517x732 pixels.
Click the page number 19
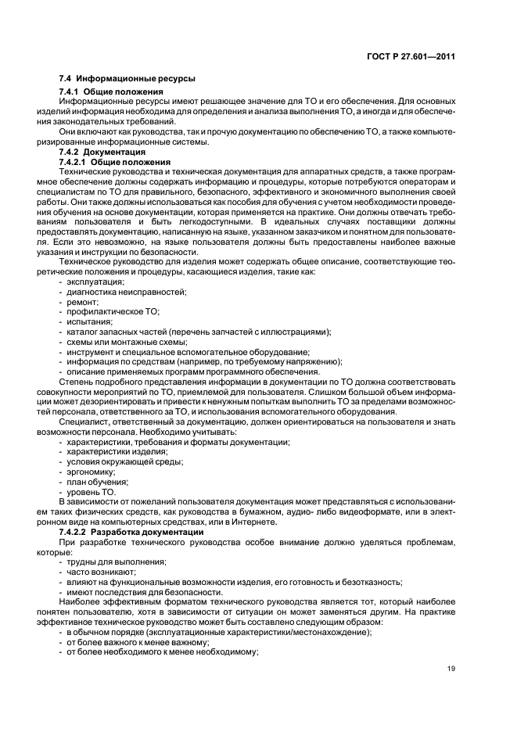(x=451, y=668)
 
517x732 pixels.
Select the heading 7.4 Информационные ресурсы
(x=127, y=79)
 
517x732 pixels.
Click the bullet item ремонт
(x=82, y=301)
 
